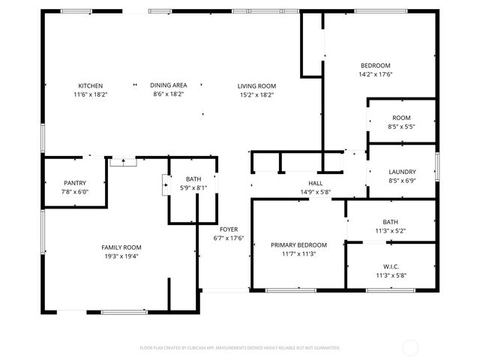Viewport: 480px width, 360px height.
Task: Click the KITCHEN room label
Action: [91, 85]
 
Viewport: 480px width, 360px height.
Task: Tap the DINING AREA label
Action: [168, 85]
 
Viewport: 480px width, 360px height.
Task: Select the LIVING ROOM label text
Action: [257, 85]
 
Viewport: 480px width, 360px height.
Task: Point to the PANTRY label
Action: [75, 183]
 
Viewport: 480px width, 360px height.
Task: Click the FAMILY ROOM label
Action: [121, 247]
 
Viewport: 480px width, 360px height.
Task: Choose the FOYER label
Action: [229, 229]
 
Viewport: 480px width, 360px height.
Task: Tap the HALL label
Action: [315, 183]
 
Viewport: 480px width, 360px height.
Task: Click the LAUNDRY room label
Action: [402, 172]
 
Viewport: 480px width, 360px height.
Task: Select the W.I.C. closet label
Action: [391, 265]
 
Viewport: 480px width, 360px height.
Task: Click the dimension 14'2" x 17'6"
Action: [376, 74]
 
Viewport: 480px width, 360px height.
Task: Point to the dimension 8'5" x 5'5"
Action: [402, 127]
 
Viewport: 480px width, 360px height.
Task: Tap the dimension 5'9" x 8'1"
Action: [193, 188]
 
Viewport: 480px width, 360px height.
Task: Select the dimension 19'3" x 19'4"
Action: [121, 256]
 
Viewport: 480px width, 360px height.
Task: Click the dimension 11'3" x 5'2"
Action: [391, 231]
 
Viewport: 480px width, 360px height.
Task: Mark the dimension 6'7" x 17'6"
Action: [229, 238]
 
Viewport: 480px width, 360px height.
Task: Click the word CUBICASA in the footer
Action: [193, 348]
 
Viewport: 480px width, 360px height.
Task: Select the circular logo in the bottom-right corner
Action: [411, 347]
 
